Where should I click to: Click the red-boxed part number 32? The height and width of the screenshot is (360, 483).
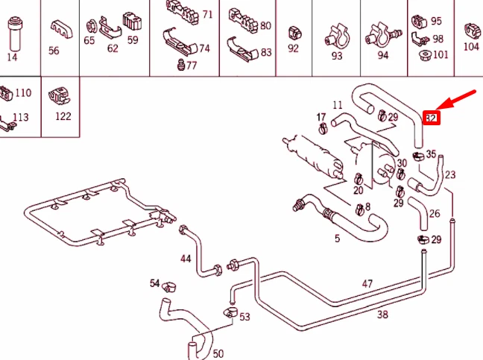click(x=430, y=118)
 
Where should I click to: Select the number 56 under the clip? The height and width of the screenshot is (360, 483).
click(x=54, y=51)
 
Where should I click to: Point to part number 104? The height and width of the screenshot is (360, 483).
click(x=471, y=46)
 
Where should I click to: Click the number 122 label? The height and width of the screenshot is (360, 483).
click(x=63, y=116)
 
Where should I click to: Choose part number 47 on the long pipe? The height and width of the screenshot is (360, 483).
click(x=367, y=283)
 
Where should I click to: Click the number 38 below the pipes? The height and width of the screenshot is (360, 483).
click(x=382, y=314)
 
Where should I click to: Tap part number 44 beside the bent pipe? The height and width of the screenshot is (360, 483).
click(x=186, y=259)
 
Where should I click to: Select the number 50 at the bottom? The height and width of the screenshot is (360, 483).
click(x=218, y=353)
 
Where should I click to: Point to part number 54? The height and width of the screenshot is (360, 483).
click(x=155, y=283)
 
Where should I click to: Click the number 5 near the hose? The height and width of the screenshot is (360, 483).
click(x=337, y=239)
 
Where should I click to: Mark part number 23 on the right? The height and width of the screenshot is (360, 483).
click(x=450, y=175)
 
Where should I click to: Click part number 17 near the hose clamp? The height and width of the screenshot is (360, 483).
click(x=321, y=118)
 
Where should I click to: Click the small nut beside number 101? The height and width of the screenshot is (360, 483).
click(x=423, y=54)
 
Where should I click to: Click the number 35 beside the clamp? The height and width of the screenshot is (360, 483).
click(x=431, y=154)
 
